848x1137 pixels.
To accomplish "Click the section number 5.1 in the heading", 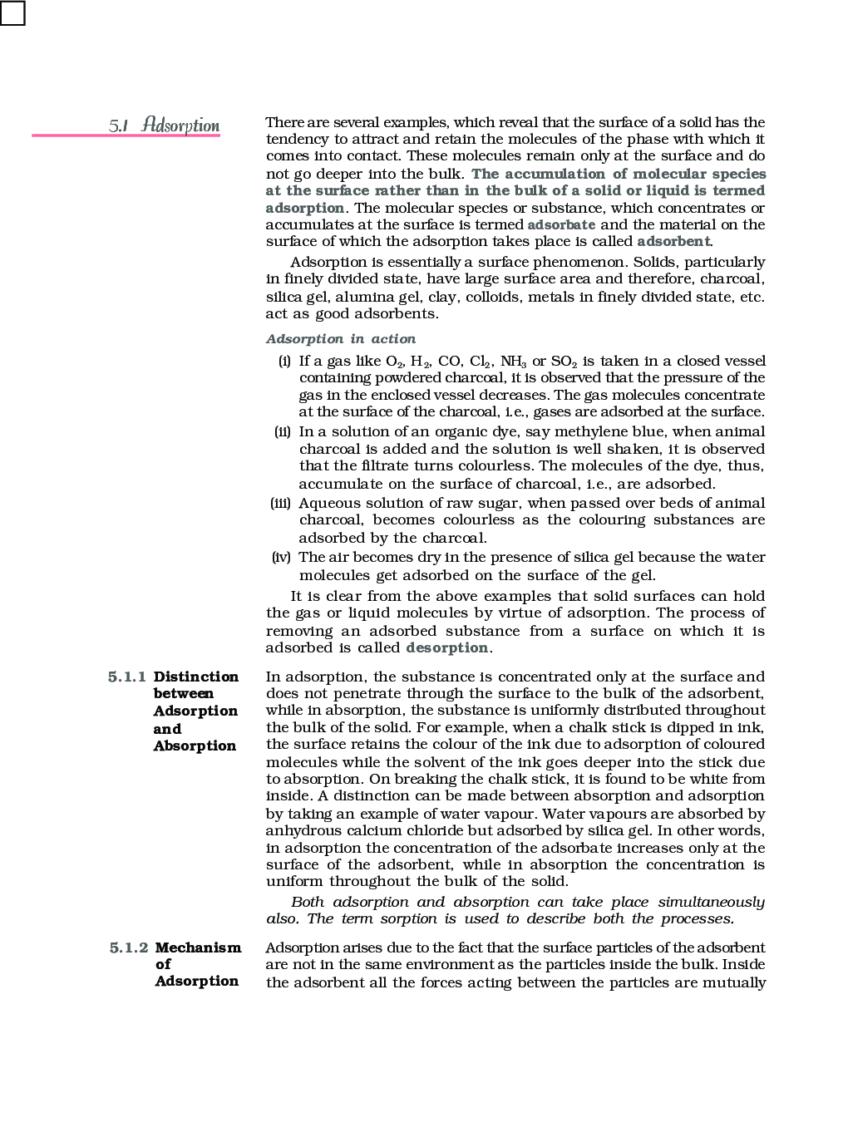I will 118,126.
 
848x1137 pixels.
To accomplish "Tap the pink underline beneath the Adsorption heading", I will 126,135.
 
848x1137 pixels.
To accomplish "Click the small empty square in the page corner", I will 12,12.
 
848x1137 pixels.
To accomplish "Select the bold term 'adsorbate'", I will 561,224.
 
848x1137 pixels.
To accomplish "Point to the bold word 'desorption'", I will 446,647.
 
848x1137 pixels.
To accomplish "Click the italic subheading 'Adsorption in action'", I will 341,339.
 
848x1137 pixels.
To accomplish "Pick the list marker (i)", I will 284,361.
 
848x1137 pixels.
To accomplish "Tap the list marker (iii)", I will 280,503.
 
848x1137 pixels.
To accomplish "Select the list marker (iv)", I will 281,557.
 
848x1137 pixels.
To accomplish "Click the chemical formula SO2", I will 563,362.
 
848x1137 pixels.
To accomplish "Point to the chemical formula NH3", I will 513,362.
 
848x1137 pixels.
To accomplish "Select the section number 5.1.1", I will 126,677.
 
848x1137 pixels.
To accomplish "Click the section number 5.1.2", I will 129,947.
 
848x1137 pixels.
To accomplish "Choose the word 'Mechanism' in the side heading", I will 198,947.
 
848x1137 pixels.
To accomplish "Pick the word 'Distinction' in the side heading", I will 195,677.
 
